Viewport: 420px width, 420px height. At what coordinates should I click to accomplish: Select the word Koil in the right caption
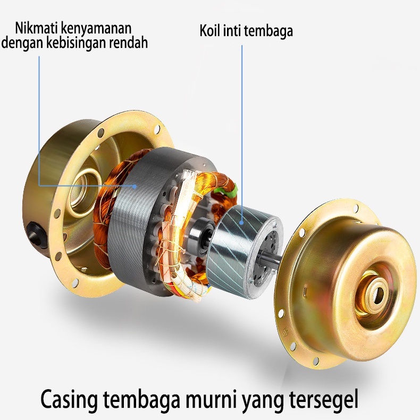point(209,30)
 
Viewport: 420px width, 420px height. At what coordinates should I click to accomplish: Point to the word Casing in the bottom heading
point(69,400)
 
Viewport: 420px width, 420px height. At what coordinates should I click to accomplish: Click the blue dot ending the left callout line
point(135,186)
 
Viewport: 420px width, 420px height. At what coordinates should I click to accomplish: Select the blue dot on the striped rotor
point(241,222)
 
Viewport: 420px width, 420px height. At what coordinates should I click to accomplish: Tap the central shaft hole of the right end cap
point(377,296)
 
